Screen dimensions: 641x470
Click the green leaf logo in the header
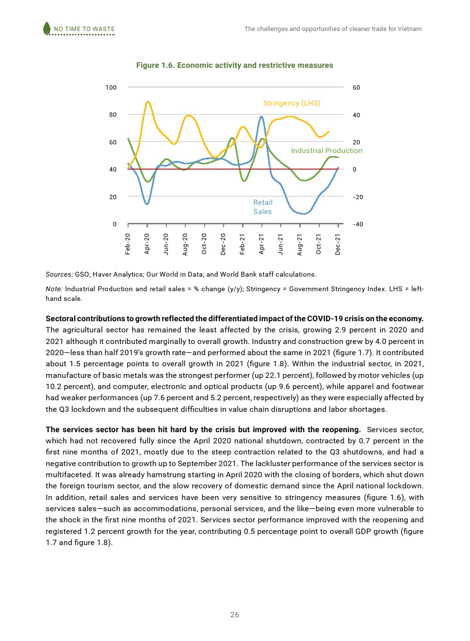47,29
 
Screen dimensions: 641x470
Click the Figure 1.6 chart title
234,65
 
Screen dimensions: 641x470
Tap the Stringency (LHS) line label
292,103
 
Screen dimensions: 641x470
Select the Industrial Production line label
326,151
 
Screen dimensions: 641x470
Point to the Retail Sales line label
262,207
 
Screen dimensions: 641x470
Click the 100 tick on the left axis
111,88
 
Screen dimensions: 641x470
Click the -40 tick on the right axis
358,224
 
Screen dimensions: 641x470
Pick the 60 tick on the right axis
357,88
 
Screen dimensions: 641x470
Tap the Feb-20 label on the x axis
128,244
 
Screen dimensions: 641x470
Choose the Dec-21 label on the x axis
338,244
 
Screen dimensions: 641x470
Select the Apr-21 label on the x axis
261,244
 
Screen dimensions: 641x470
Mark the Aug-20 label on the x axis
185,244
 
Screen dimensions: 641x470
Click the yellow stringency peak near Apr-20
148,102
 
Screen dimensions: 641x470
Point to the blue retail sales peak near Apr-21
261,117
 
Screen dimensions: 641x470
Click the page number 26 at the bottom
235,615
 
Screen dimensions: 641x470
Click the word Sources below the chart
59,274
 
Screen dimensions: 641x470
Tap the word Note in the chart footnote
54,289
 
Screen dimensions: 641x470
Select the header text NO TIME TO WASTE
84,29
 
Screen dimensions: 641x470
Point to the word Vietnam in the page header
410,29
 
